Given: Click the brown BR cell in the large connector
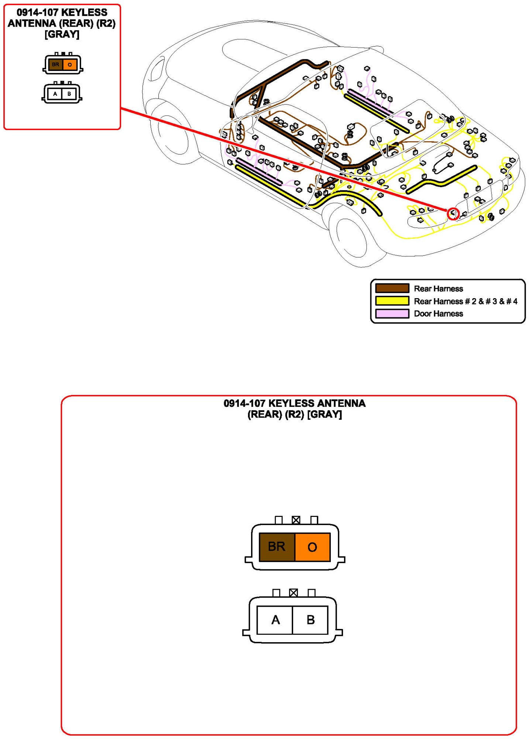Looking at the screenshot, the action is (x=277, y=547).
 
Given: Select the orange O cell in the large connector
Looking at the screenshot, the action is (x=312, y=547).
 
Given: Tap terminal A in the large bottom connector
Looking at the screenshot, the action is (x=275, y=620).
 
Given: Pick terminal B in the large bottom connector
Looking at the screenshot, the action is (x=310, y=620).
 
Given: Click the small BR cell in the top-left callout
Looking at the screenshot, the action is (x=55, y=65).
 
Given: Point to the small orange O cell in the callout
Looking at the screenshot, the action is (x=70, y=65).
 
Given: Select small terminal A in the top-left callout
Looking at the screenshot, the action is (x=55, y=94).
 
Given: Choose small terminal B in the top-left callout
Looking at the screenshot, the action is (x=69, y=94).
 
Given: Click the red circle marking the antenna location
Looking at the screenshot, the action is (x=453, y=214).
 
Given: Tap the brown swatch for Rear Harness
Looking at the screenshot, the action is (x=392, y=288).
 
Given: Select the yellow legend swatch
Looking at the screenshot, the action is (x=392, y=301).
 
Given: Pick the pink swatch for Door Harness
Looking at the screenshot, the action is (x=392, y=313).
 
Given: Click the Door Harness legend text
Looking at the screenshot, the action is (x=438, y=314).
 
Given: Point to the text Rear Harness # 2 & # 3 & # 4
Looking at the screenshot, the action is (x=465, y=301).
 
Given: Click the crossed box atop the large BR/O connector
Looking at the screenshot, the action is (x=296, y=520).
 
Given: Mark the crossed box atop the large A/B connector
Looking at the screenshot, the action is (x=294, y=593).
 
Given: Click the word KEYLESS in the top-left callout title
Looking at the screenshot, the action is (x=84, y=13).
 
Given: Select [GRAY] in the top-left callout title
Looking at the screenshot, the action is (x=62, y=34).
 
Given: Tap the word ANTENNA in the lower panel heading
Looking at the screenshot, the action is (x=341, y=403).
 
